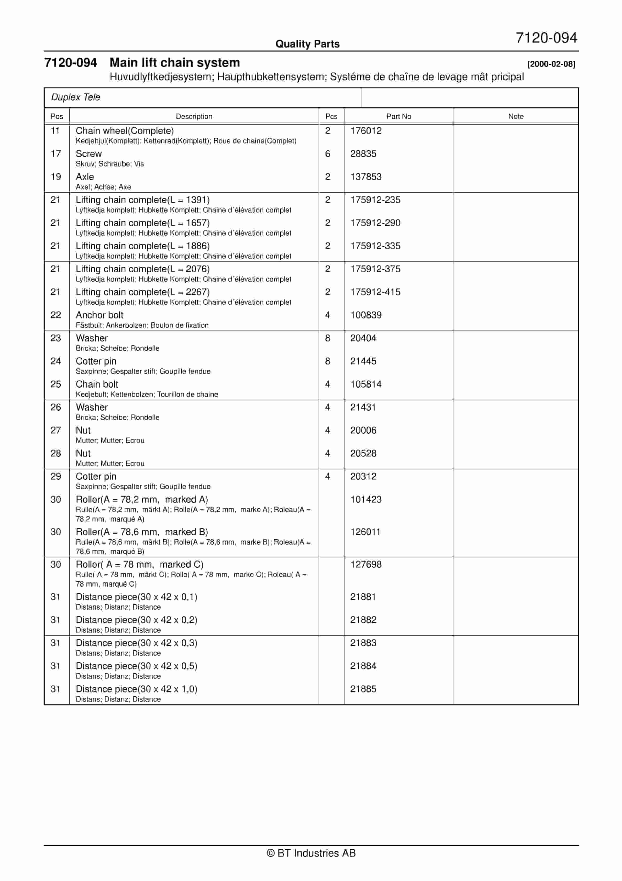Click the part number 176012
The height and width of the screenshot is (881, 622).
point(365,131)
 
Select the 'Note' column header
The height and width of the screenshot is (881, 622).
point(515,116)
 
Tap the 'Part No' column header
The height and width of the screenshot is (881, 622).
point(398,116)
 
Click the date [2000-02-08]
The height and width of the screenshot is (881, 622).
point(551,64)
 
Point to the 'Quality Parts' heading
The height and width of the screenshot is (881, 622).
point(307,44)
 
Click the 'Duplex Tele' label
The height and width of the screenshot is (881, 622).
point(76,97)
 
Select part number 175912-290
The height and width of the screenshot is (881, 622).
point(375,223)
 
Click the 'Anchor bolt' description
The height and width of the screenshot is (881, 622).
point(99,315)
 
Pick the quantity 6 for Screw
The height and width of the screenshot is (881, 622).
point(327,154)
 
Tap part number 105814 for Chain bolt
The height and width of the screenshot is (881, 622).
point(365,384)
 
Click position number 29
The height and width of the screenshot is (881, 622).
point(55,476)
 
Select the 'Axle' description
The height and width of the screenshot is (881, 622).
point(85,177)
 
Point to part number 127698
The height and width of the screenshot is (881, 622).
point(365,564)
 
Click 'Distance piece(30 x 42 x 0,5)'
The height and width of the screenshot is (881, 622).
point(136,666)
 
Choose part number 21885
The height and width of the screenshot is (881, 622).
point(363,689)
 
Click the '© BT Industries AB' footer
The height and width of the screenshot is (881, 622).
point(311,853)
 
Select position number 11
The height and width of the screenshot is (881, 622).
point(55,131)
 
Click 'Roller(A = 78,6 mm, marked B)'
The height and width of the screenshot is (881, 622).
point(142,532)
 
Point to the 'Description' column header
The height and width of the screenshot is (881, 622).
point(194,116)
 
